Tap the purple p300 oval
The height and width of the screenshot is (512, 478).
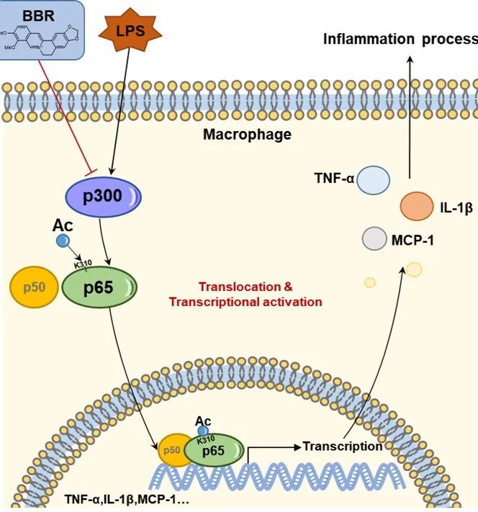[104, 196]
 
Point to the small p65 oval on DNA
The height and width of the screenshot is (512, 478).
[215, 450]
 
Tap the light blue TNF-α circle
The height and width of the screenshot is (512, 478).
[373, 180]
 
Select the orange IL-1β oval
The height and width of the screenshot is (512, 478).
[416, 206]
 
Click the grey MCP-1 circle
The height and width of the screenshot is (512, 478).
[374, 238]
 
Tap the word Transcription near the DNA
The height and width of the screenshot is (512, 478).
[342, 446]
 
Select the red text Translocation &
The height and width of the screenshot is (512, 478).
[245, 286]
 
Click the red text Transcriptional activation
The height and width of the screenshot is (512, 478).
[245, 302]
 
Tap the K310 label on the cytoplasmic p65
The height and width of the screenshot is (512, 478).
[84, 264]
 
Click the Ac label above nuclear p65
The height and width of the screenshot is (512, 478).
[203, 420]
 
